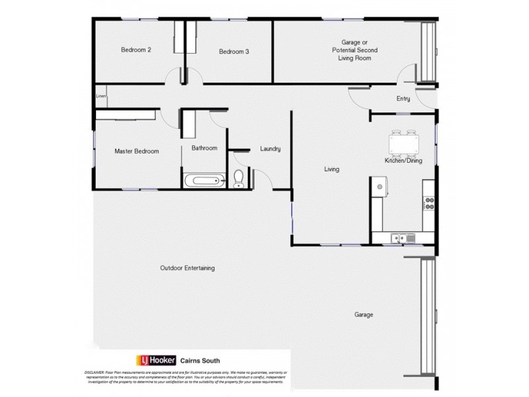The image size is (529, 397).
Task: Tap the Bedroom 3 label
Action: point(233,52)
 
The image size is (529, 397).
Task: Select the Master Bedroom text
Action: point(136,152)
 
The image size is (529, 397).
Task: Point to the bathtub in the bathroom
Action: point(205,179)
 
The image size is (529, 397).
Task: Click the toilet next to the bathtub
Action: point(239,179)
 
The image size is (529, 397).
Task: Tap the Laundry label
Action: point(270,149)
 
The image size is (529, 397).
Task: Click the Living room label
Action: point(331,169)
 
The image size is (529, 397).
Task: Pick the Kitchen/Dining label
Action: point(403,161)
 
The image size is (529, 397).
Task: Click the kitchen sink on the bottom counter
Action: point(402,238)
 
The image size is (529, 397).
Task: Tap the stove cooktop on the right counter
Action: point(428,203)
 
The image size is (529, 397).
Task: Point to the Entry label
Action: point(403,99)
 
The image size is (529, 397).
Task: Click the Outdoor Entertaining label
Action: point(187,269)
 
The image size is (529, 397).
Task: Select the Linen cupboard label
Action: point(101,97)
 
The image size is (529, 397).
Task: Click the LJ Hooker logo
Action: point(156,360)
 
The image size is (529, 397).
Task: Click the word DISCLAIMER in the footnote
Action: point(96,373)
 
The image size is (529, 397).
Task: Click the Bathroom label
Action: point(204,148)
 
